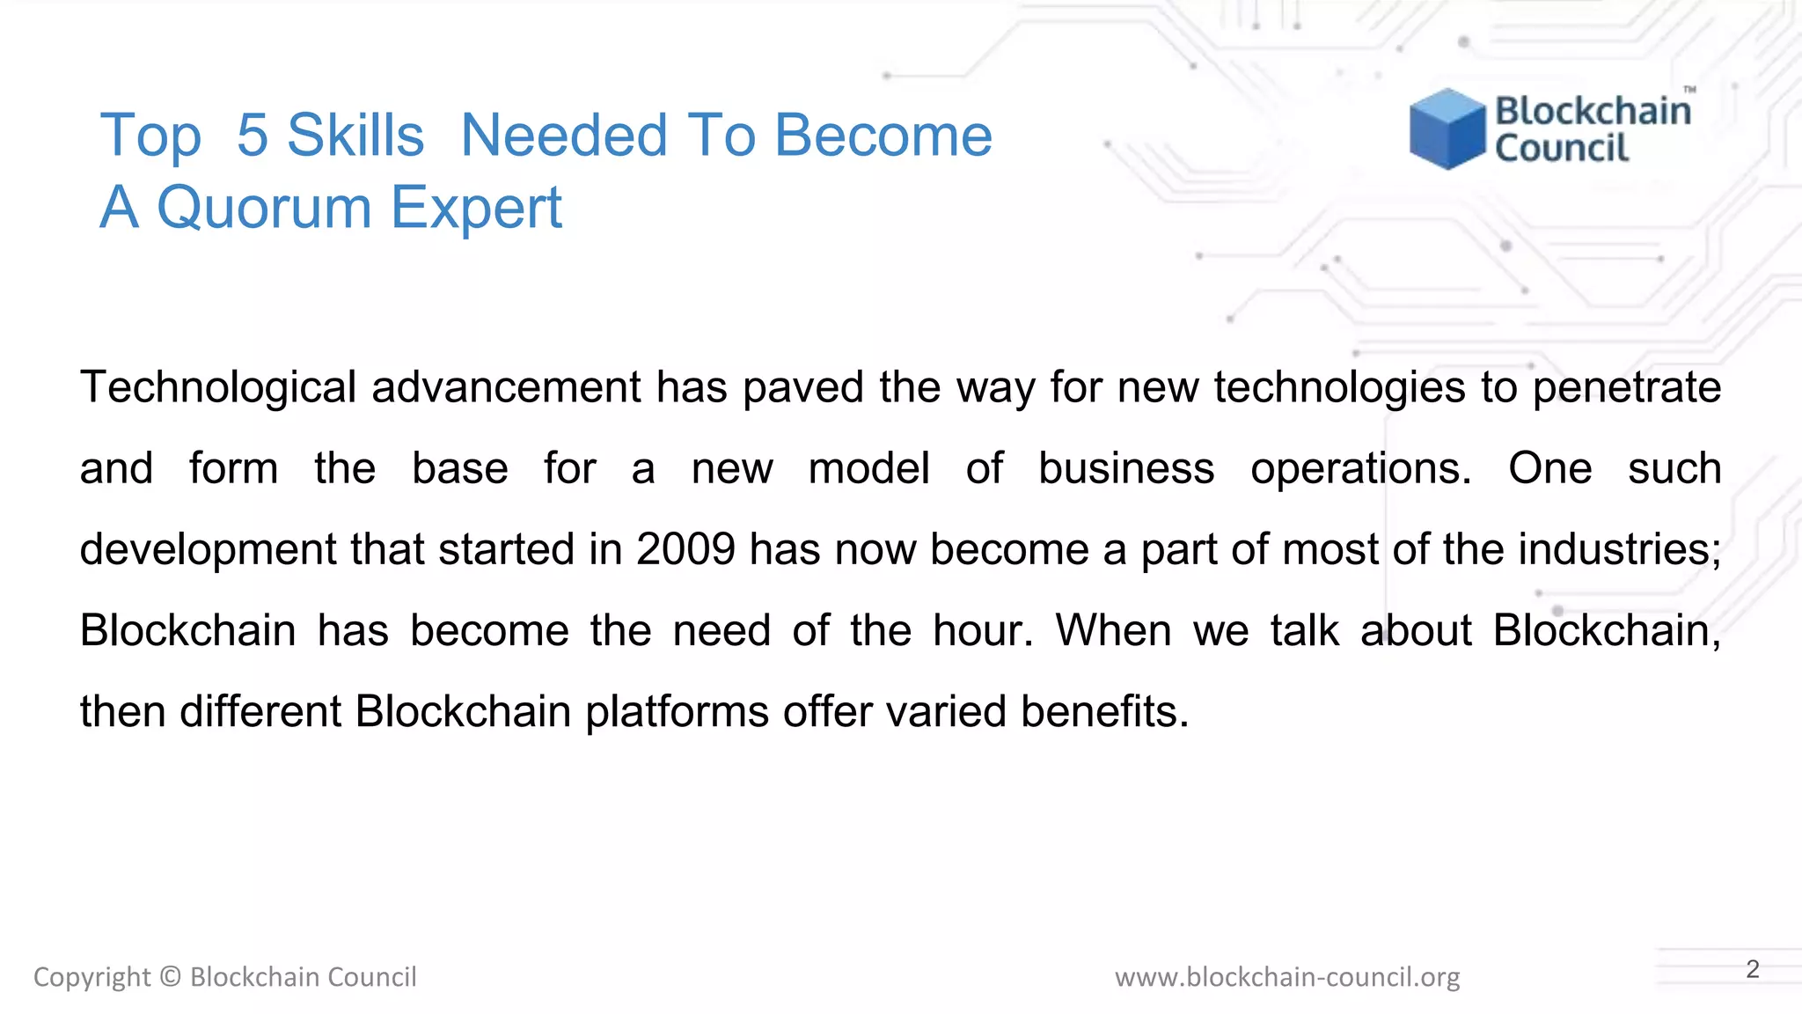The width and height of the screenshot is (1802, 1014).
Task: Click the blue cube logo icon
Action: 1447,129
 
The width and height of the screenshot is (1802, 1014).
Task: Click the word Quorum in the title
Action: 264,208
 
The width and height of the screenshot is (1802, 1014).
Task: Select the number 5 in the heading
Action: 252,136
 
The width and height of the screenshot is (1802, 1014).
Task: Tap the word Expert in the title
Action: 475,209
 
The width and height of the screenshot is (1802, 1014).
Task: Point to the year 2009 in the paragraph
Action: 685,549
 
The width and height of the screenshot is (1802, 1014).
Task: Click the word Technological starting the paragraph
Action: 217,387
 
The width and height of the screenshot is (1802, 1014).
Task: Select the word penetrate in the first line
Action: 1626,387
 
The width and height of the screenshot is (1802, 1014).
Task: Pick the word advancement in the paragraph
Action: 506,387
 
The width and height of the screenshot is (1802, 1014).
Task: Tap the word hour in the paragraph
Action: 981,630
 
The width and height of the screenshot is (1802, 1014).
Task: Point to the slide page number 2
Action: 1752,969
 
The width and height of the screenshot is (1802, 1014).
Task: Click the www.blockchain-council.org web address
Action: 1286,977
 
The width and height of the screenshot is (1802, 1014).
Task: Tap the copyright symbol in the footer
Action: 171,977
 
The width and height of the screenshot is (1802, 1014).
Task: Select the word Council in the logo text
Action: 1562,148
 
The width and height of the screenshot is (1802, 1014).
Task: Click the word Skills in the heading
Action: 355,136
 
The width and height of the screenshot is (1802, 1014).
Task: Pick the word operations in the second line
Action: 1359,468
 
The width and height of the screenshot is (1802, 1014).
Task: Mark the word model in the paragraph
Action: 868,468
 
